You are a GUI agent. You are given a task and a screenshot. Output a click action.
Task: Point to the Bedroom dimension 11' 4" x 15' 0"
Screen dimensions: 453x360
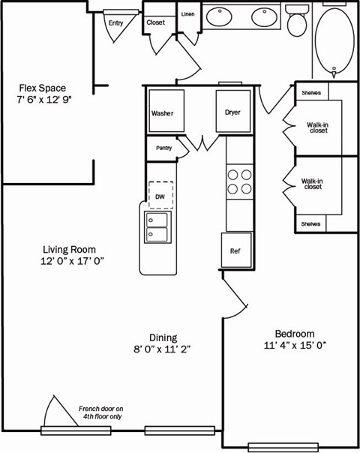[x=294, y=345]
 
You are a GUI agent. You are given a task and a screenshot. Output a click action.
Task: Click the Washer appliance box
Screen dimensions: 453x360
[x=164, y=113]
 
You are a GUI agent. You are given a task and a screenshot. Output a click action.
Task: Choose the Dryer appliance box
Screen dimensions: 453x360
[x=232, y=112]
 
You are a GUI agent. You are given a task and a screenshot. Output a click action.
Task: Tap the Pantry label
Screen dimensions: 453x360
[x=163, y=148]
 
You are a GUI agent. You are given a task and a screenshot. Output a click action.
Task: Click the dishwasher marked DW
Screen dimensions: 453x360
[x=160, y=196]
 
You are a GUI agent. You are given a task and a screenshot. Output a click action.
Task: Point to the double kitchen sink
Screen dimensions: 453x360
[x=157, y=227]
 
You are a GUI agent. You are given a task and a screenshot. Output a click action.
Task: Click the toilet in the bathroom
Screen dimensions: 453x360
[x=297, y=20]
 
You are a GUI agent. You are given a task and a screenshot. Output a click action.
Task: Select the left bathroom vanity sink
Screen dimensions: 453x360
[x=220, y=15]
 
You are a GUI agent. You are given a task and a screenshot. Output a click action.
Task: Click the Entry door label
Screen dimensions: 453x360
[x=115, y=22]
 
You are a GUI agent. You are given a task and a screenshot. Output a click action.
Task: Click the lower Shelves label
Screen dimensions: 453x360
[x=310, y=223]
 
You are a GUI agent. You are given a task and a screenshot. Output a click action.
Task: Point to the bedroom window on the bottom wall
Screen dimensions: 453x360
[x=278, y=447]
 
